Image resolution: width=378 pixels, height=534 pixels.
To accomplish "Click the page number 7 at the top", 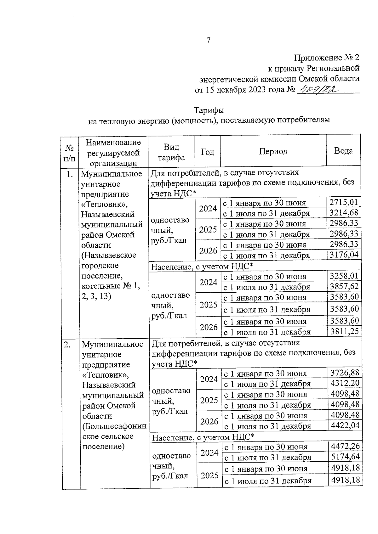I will tap(208, 40).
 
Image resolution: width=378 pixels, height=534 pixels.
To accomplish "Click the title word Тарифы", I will tap(209, 110).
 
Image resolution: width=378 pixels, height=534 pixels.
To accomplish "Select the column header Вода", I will tap(343, 151).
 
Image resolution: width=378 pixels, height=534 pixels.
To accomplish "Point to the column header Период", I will tap(273, 151).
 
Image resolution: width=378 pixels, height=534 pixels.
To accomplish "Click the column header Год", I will tap(207, 152).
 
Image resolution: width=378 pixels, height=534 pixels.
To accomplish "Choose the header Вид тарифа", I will tap(171, 152).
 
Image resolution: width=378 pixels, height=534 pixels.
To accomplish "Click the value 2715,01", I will tap(344, 202).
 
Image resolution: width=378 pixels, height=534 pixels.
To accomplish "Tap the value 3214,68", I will tap(344, 213).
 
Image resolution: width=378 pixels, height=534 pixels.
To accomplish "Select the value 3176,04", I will tap(344, 255).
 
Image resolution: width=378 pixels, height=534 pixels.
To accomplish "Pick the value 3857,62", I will tap(344, 286).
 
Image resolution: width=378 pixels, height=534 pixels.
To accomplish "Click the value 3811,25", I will tap(344, 331).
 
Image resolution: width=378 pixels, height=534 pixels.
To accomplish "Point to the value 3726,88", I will tap(345, 373).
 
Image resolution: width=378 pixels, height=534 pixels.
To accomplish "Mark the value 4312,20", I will tap(345, 383).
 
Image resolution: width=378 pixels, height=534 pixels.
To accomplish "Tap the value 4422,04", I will tap(345, 425).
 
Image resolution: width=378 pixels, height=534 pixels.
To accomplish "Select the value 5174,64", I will tap(345, 457).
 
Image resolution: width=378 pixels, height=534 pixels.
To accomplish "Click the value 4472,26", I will tap(345, 446).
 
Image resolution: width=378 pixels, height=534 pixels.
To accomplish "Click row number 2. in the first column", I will tap(67, 345).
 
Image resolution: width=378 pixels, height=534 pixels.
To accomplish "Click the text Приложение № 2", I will tap(327, 58).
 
